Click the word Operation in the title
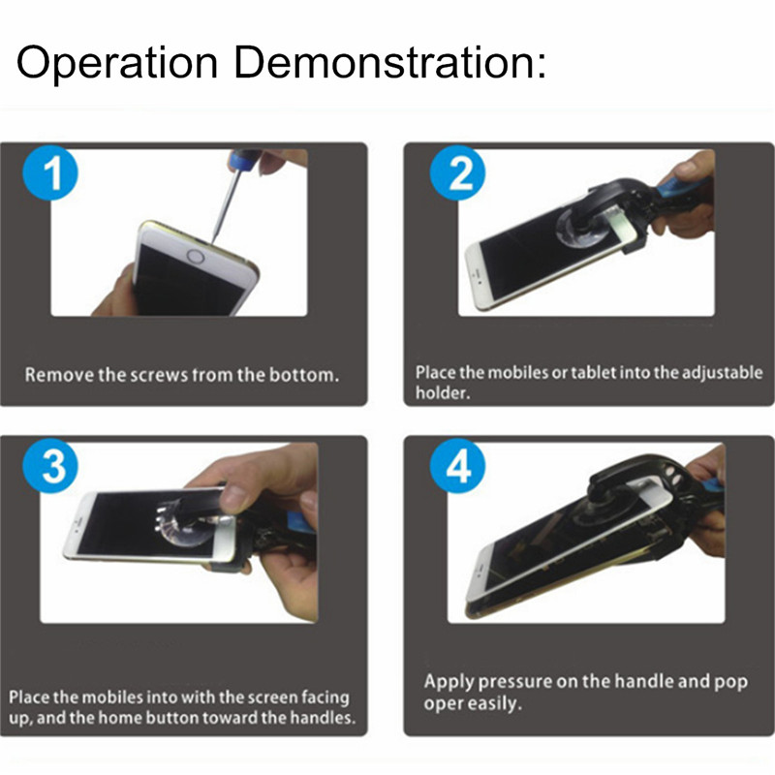click(117, 63)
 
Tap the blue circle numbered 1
click(50, 172)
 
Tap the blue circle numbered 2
click(457, 172)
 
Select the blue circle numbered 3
click(50, 466)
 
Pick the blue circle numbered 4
click(457, 466)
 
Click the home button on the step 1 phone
click(196, 256)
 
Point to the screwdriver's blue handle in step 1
click(243, 159)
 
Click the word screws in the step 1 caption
click(161, 375)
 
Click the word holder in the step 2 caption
click(442, 393)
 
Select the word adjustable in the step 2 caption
click(723, 373)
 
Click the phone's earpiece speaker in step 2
click(477, 275)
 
